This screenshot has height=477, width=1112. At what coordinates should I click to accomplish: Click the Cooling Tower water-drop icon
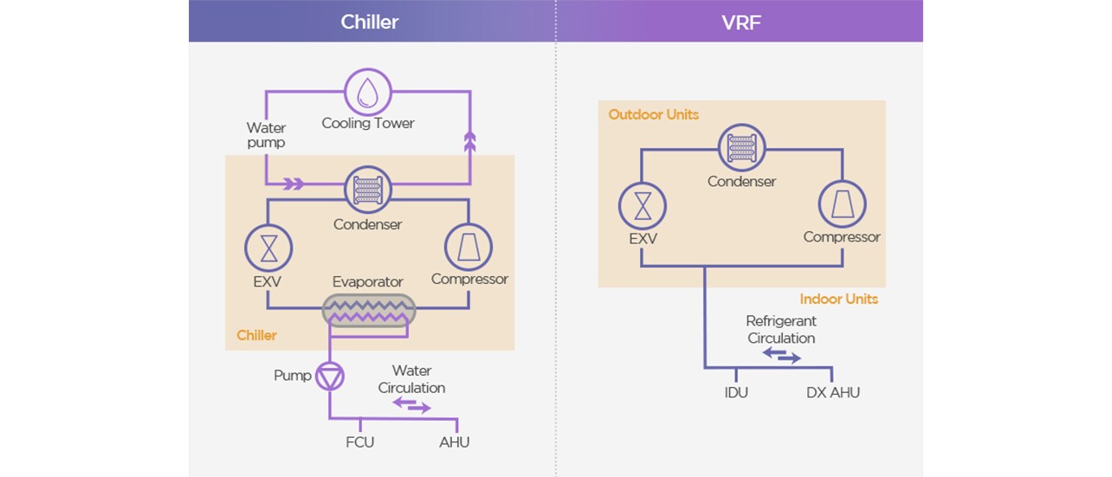pos(368,91)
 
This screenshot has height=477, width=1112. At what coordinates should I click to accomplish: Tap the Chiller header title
pos(370,22)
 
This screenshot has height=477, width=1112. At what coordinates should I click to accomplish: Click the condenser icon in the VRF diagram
pos(741,148)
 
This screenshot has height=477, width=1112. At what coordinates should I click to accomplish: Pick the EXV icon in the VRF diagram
pos(642,207)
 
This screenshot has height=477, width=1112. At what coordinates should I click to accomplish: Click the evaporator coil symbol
pos(369,310)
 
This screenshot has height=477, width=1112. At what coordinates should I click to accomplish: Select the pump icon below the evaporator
pos(329,376)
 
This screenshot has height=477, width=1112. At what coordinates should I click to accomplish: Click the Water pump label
pos(266,135)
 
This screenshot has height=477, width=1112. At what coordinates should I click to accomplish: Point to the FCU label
pos(359,442)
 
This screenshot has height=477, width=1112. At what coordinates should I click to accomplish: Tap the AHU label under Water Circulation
pos(454,442)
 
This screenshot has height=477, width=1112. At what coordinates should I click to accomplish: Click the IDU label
pos(735,393)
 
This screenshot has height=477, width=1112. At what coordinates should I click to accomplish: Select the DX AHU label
pos(832,393)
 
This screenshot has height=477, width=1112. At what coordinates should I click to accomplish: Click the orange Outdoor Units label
pos(653,114)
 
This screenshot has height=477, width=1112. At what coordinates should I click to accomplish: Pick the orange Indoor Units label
pos(837,299)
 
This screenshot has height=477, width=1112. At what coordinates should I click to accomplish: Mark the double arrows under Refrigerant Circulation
pos(781,355)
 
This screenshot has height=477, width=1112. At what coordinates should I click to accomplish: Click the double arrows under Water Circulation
pos(411,404)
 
